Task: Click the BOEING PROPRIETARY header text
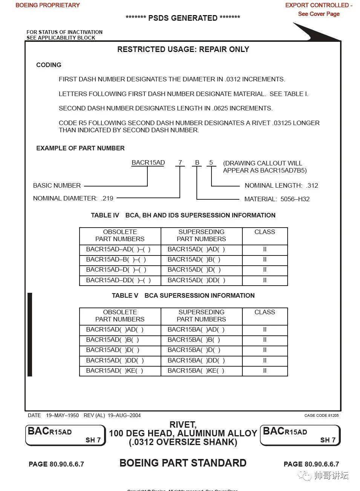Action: pyautogui.click(x=47, y=5)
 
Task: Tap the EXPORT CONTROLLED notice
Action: pyautogui.click(x=319, y=5)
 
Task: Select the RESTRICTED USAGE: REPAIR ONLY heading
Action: pyautogui.click(x=183, y=49)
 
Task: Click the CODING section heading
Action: pyautogui.click(x=49, y=65)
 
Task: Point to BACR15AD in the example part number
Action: pyautogui.click(x=148, y=163)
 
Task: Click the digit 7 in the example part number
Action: pyautogui.click(x=180, y=163)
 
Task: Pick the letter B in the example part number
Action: pyautogui.click(x=197, y=163)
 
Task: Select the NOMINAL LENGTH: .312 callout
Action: pyautogui.click(x=281, y=185)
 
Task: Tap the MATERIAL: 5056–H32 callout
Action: pyautogui.click(x=277, y=199)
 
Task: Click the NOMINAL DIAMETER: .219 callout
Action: pyautogui.click(x=73, y=198)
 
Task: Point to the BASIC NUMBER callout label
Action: pyautogui.click(x=57, y=185)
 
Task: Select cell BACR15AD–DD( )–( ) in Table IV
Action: pyautogui.click(x=118, y=280)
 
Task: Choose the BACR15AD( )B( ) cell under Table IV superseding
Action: pyautogui.click(x=194, y=260)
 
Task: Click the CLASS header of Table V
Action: pyautogui.click(x=265, y=312)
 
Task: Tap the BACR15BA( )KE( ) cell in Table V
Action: pyautogui.click(x=196, y=371)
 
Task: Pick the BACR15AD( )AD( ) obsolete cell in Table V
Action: pyautogui.click(x=115, y=330)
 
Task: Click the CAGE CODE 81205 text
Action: pyautogui.click(x=321, y=415)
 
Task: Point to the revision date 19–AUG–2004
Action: pyautogui.click(x=124, y=415)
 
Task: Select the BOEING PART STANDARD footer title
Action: pyautogui.click(x=183, y=463)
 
